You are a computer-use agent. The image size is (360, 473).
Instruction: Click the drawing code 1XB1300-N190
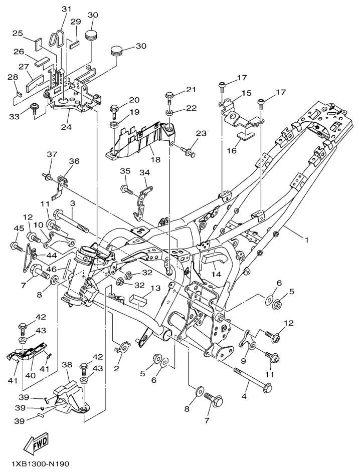click(38, 464)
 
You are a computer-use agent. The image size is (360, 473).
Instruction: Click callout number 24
click(66, 127)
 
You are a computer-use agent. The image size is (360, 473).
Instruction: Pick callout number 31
click(67, 10)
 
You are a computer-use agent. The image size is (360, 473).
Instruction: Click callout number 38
click(67, 365)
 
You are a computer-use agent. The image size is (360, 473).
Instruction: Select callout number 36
click(74, 161)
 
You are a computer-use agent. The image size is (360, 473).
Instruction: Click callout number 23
click(201, 134)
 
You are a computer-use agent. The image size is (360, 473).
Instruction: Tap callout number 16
click(246, 149)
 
